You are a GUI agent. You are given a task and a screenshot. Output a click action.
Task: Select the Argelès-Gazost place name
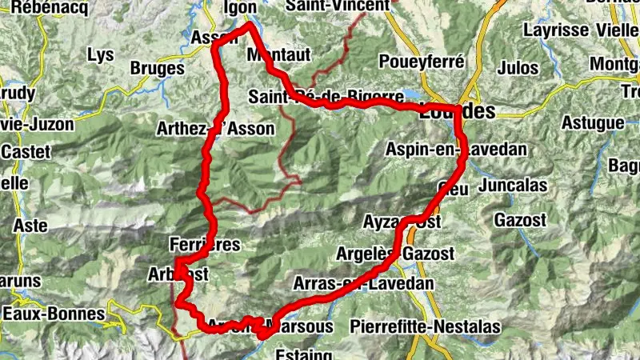(x=407, y=254)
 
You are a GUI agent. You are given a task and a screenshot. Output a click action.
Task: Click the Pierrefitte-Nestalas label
(x=425, y=326)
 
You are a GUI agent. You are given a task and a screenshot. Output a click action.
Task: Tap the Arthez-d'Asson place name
(x=216, y=128)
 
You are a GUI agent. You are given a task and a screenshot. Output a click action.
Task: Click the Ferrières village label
(x=205, y=245)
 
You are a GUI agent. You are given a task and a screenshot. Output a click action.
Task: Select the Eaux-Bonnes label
(x=53, y=314)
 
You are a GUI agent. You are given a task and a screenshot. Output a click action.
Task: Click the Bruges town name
(x=157, y=69)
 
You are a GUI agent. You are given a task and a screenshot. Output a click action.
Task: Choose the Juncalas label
(x=514, y=186)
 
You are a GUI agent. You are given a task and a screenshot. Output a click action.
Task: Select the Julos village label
(x=518, y=68)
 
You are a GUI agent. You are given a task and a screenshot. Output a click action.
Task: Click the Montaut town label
(x=278, y=54)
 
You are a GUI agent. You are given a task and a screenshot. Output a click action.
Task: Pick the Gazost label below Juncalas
(x=520, y=219)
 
